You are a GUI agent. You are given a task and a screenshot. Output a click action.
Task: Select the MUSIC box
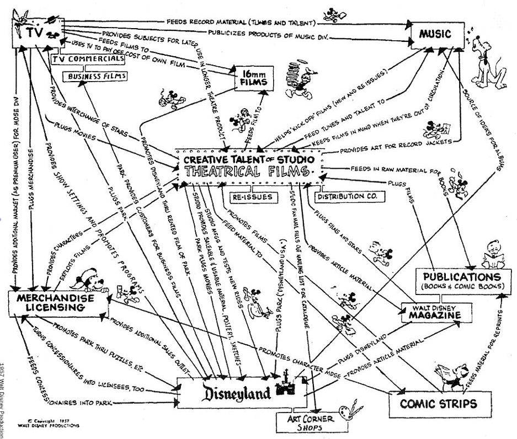[435, 35]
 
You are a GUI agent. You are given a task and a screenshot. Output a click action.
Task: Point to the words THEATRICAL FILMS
[249, 172]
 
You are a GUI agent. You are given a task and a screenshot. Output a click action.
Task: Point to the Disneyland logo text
[231, 393]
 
